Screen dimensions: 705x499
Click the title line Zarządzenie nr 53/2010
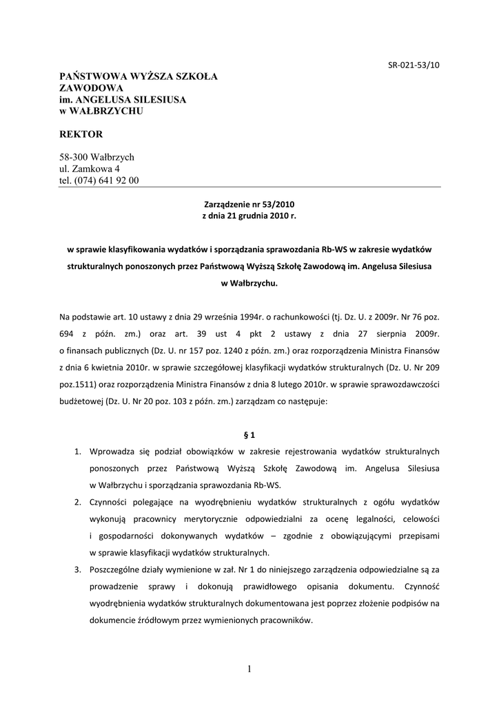click(250, 204)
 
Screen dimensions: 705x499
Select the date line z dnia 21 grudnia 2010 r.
click(250, 216)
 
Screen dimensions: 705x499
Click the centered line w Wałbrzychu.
click(250, 283)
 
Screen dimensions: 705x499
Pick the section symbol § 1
click(250, 434)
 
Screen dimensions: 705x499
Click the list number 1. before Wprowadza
click(79, 452)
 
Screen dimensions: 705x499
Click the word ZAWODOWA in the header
click(92, 87)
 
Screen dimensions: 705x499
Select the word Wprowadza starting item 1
click(112, 452)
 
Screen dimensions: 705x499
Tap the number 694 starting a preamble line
click(68, 333)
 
